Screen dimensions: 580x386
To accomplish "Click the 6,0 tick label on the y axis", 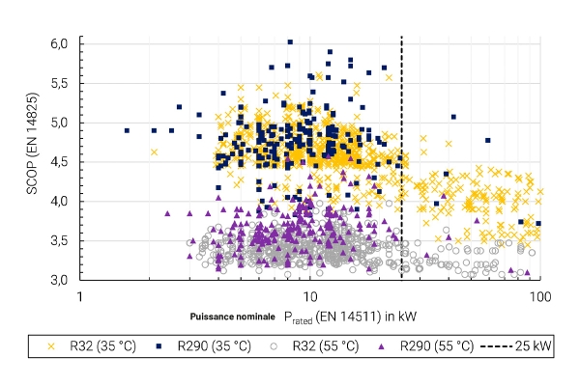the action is (59, 43).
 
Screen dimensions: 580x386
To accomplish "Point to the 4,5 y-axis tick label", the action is (59, 162).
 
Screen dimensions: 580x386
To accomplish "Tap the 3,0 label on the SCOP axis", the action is (59, 280).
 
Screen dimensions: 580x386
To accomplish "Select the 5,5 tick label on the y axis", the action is (59, 83).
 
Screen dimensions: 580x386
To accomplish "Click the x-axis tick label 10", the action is (310, 296).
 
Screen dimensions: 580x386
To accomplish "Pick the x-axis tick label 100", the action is (540, 296).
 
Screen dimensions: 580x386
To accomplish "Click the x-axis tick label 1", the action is (80, 296).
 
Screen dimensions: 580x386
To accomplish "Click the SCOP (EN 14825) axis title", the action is (33, 144).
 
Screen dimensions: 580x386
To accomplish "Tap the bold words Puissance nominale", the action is (233, 317).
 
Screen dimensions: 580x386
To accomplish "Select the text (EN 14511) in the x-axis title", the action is (348, 317).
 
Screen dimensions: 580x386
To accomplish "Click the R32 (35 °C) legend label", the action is (102, 346).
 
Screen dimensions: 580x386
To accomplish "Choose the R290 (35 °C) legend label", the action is (215, 346).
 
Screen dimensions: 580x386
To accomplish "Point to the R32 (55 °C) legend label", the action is (326, 346).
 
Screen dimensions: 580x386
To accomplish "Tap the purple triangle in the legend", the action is (383, 346).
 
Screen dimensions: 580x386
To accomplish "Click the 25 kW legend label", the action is (533, 346).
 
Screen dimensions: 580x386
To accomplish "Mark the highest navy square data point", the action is (290, 42).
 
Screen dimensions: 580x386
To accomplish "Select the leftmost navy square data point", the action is (127, 131).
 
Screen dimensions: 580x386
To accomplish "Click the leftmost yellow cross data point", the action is (155, 152).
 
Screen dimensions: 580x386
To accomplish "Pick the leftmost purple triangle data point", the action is (167, 213).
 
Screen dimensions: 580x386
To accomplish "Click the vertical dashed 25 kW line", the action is (402, 158).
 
